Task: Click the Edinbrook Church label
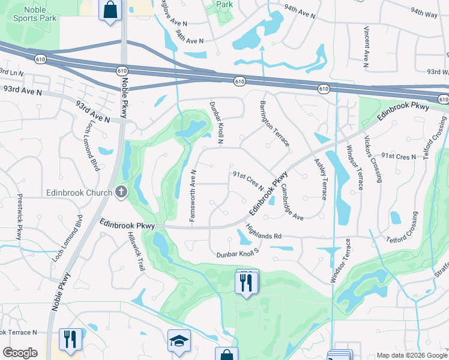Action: click(x=79, y=193)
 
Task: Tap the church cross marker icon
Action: click(x=121, y=192)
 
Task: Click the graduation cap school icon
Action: click(x=179, y=341)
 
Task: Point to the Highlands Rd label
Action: click(x=264, y=232)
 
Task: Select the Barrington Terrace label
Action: click(x=275, y=124)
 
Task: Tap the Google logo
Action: click(x=20, y=353)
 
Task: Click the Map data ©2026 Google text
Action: click(x=411, y=355)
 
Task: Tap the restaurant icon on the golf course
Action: click(x=246, y=282)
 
